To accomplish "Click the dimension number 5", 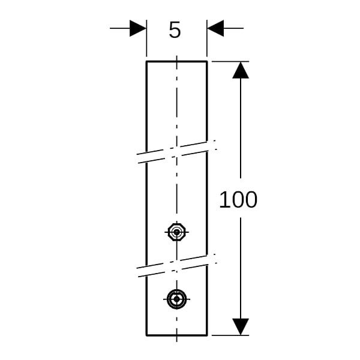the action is [x=175, y=30].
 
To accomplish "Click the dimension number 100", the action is [x=238, y=200].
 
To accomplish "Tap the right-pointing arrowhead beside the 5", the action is [x=138, y=28].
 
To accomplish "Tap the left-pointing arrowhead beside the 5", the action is [x=215, y=28].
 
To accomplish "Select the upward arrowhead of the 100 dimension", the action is [x=241, y=70].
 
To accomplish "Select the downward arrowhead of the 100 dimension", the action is [x=241, y=327].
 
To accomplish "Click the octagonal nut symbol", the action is [x=176, y=232].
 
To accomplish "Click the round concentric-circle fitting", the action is [x=176, y=299].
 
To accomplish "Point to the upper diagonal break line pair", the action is [x=177, y=152].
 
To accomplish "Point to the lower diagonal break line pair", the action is [x=177, y=265].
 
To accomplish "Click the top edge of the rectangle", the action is [x=177, y=61].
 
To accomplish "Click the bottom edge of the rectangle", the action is [x=177, y=335].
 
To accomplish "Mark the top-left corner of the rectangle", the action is [x=146, y=61].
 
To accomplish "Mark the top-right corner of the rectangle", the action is [x=207, y=61].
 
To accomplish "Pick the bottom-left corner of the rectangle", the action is [x=146, y=335].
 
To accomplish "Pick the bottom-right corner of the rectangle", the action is [x=207, y=335].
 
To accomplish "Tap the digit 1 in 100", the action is [x=224, y=200].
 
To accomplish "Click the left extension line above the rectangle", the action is [x=146, y=38].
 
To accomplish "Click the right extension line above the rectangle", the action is [x=207, y=38].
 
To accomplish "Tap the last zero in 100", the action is [x=251, y=200].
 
